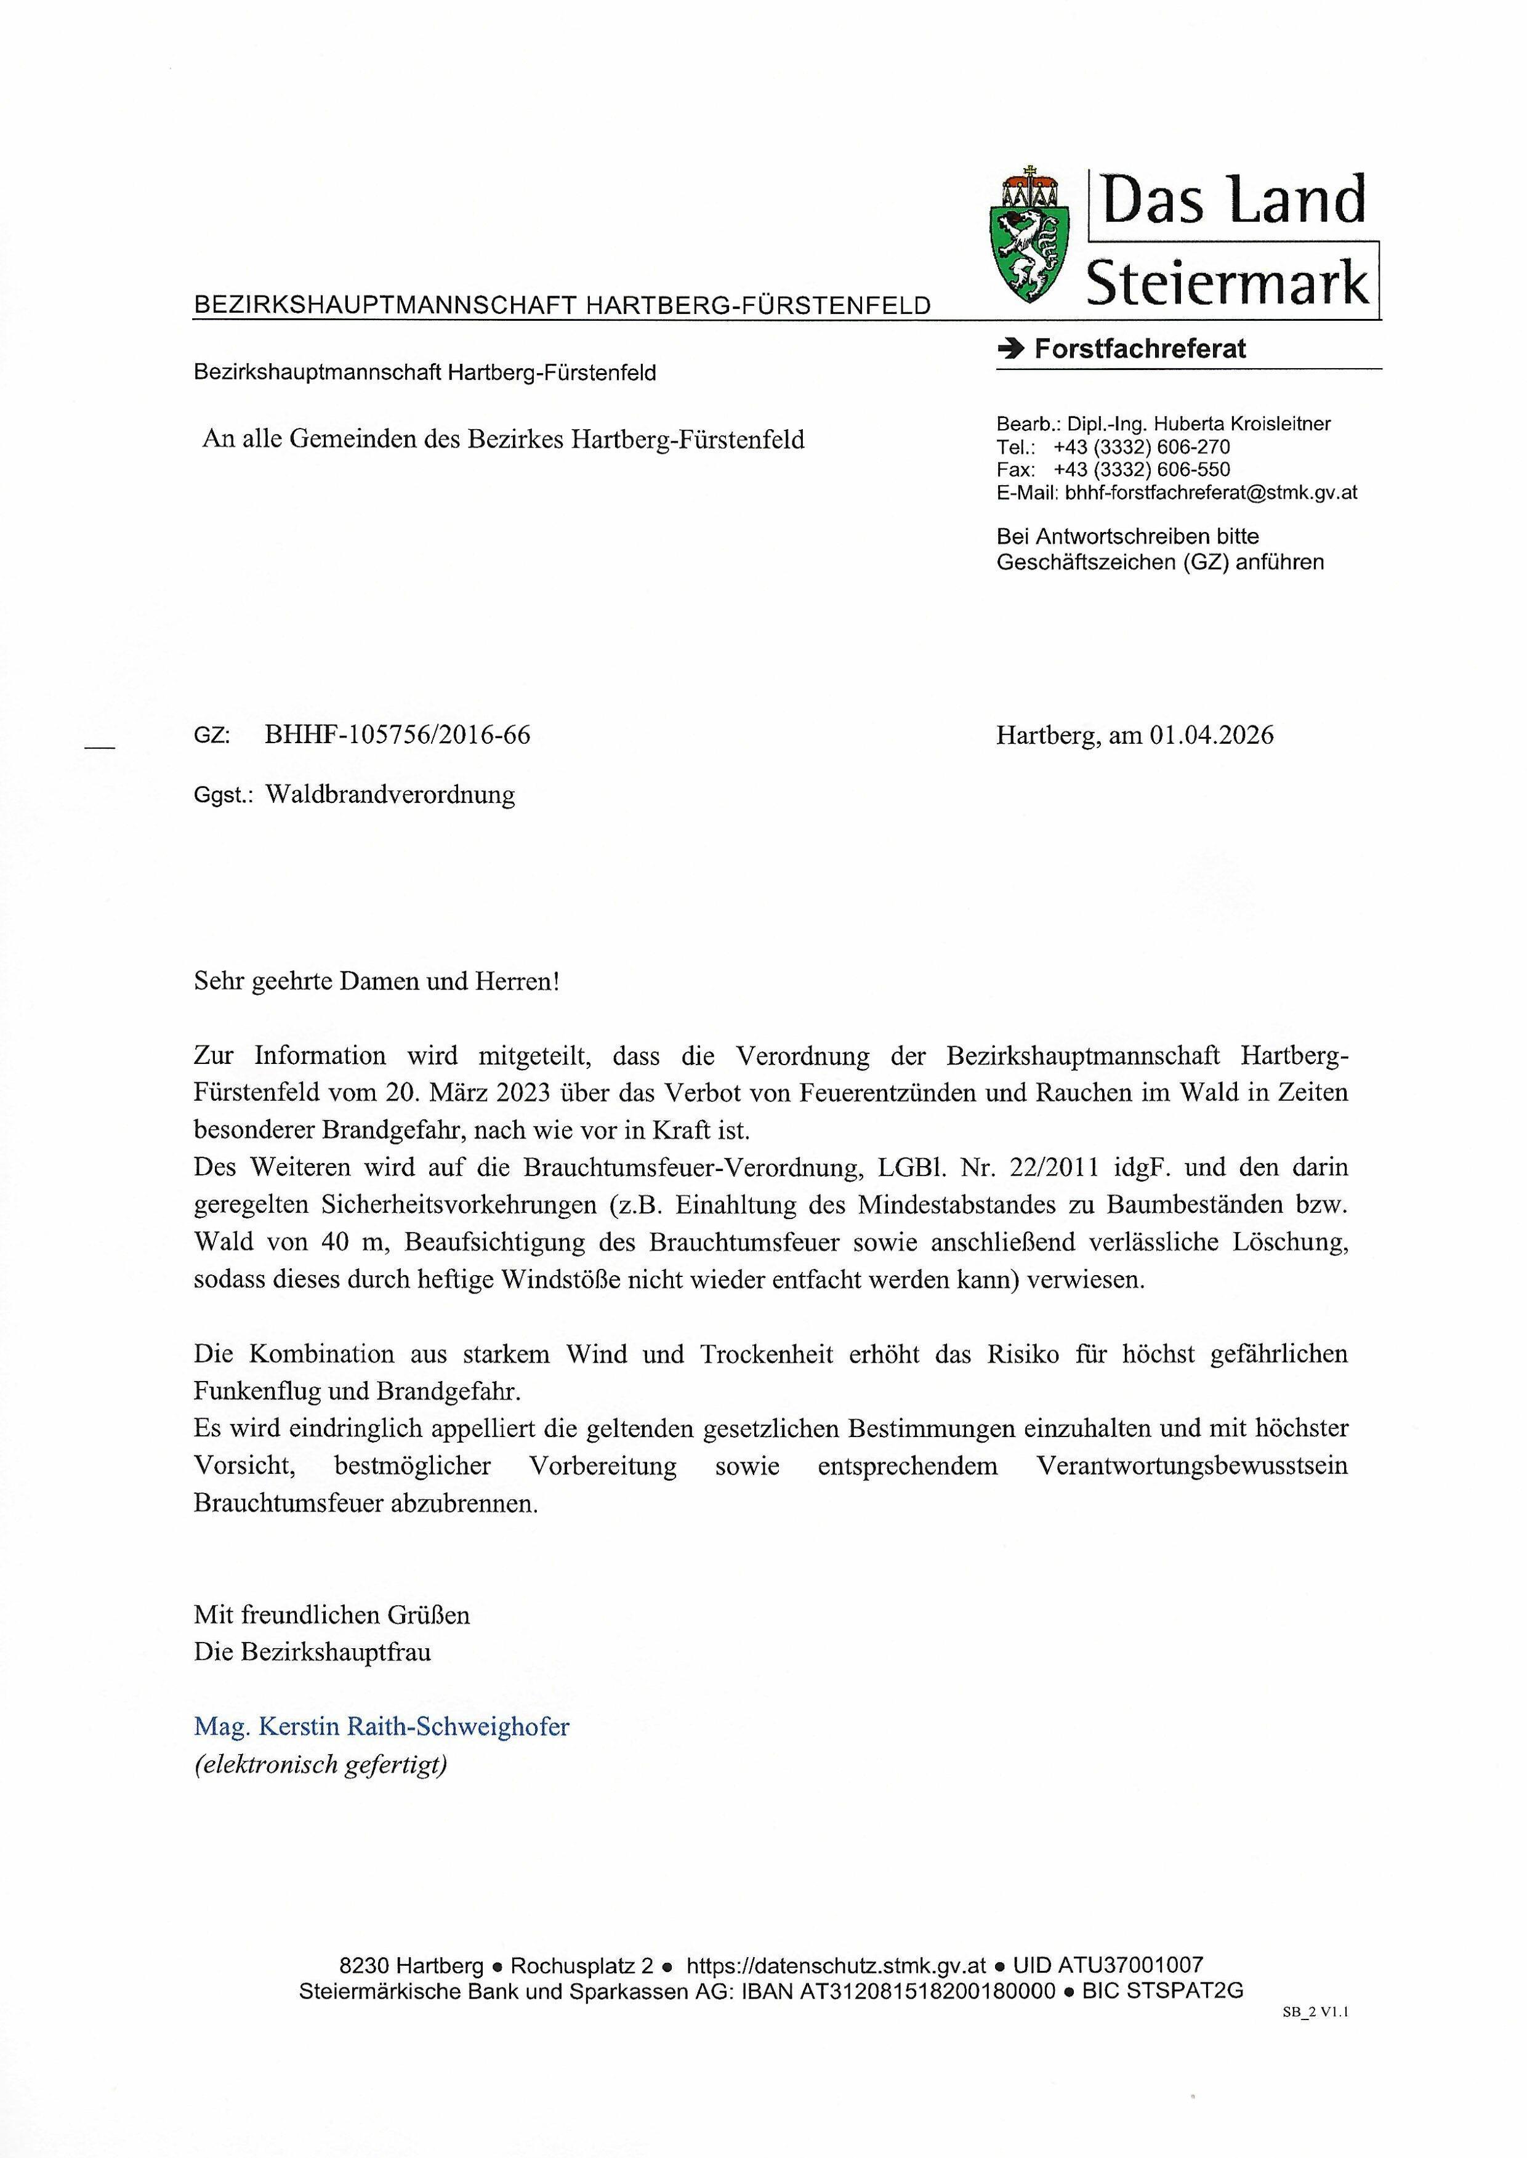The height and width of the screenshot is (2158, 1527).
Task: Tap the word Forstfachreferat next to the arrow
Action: click(x=1140, y=349)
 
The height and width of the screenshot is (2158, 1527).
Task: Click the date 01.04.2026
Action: click(x=1211, y=735)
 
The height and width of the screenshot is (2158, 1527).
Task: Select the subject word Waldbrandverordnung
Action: click(x=390, y=795)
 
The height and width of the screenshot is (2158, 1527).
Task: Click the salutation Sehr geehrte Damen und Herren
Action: click(x=376, y=981)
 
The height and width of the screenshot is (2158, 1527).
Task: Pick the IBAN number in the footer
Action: click(x=926, y=1991)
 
